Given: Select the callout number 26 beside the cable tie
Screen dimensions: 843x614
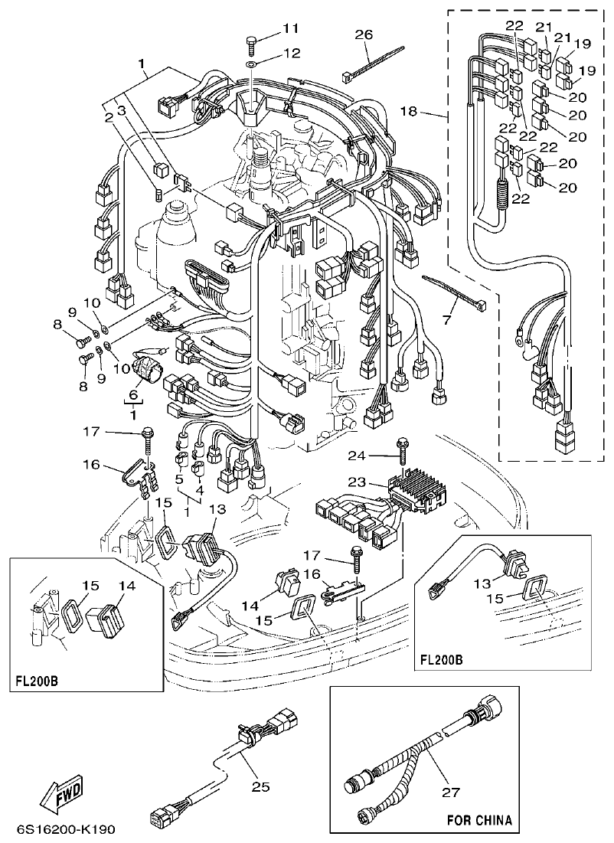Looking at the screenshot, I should [x=364, y=34].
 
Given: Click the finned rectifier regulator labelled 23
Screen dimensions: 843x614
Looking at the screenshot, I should [x=417, y=489].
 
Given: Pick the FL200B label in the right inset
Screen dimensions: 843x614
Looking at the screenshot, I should [x=443, y=658].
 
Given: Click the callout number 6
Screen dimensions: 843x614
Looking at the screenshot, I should [x=134, y=395].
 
